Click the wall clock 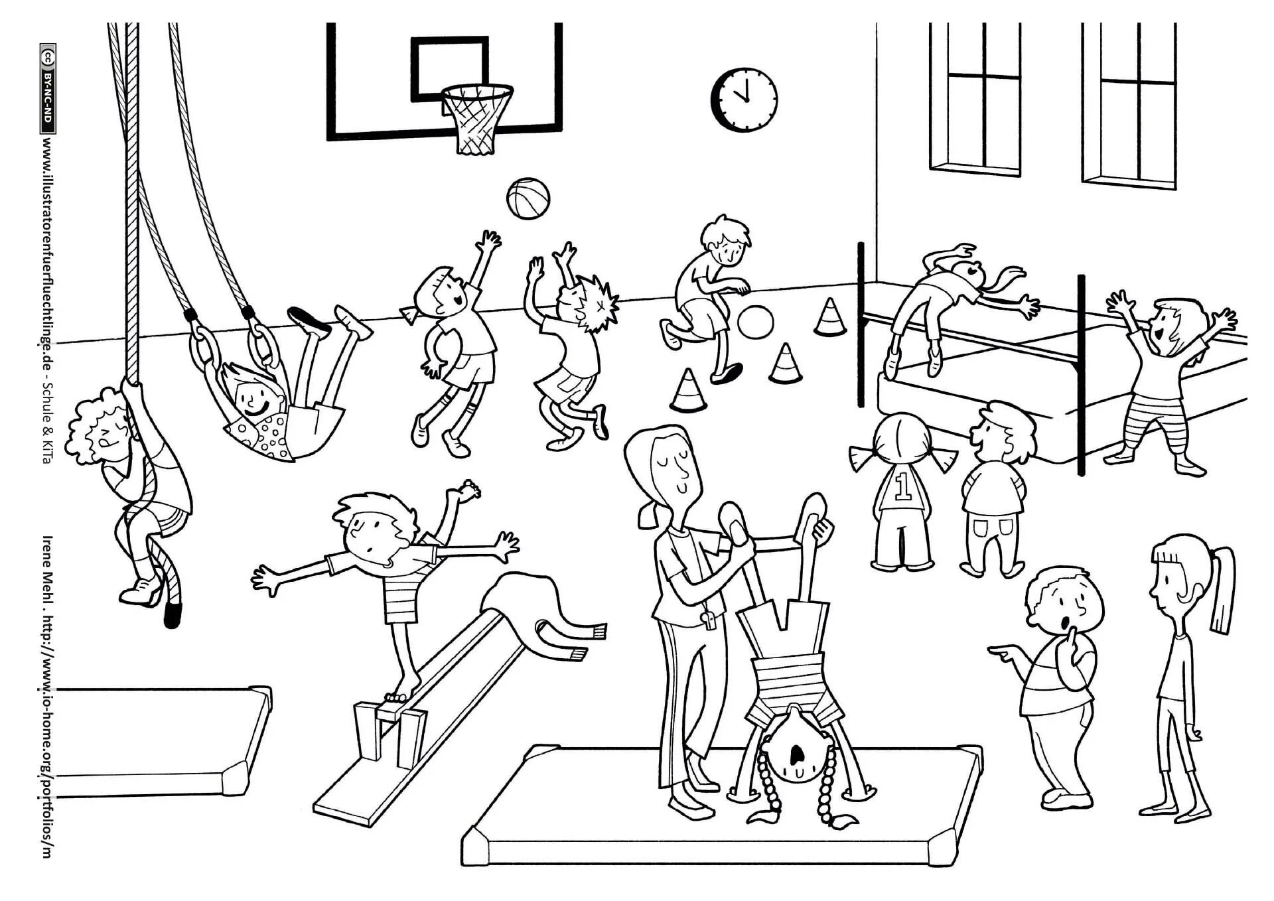(744, 98)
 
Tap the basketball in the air (528, 197)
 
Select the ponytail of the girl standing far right (1222, 590)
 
